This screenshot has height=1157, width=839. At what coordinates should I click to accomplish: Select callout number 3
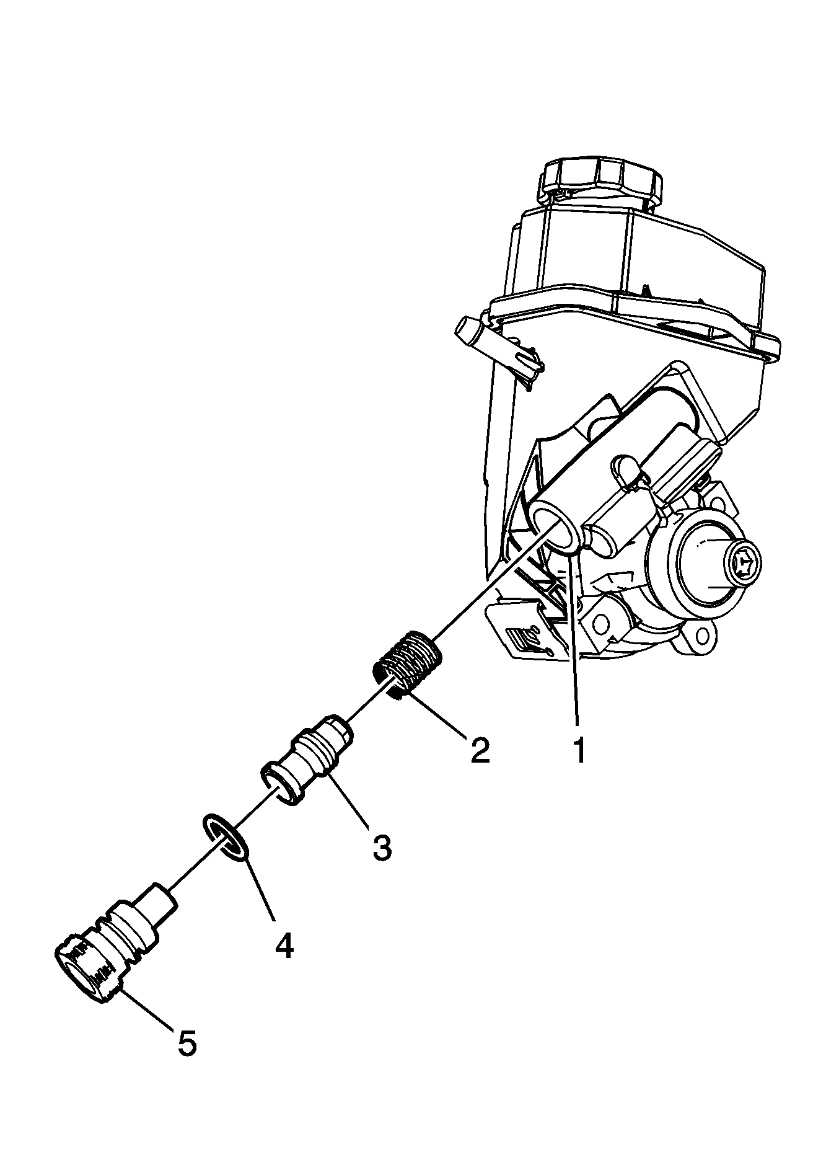click(382, 847)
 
